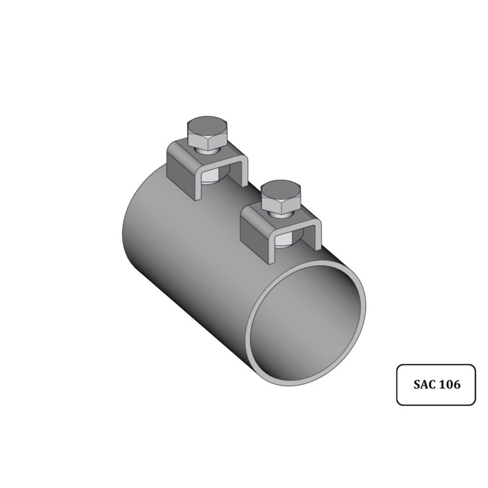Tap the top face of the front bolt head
(x=281, y=189)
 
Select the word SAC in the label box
(x=425, y=384)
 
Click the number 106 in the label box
(x=450, y=384)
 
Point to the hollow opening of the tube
(x=307, y=324)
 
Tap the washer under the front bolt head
(x=281, y=215)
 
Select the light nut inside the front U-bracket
(x=284, y=240)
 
